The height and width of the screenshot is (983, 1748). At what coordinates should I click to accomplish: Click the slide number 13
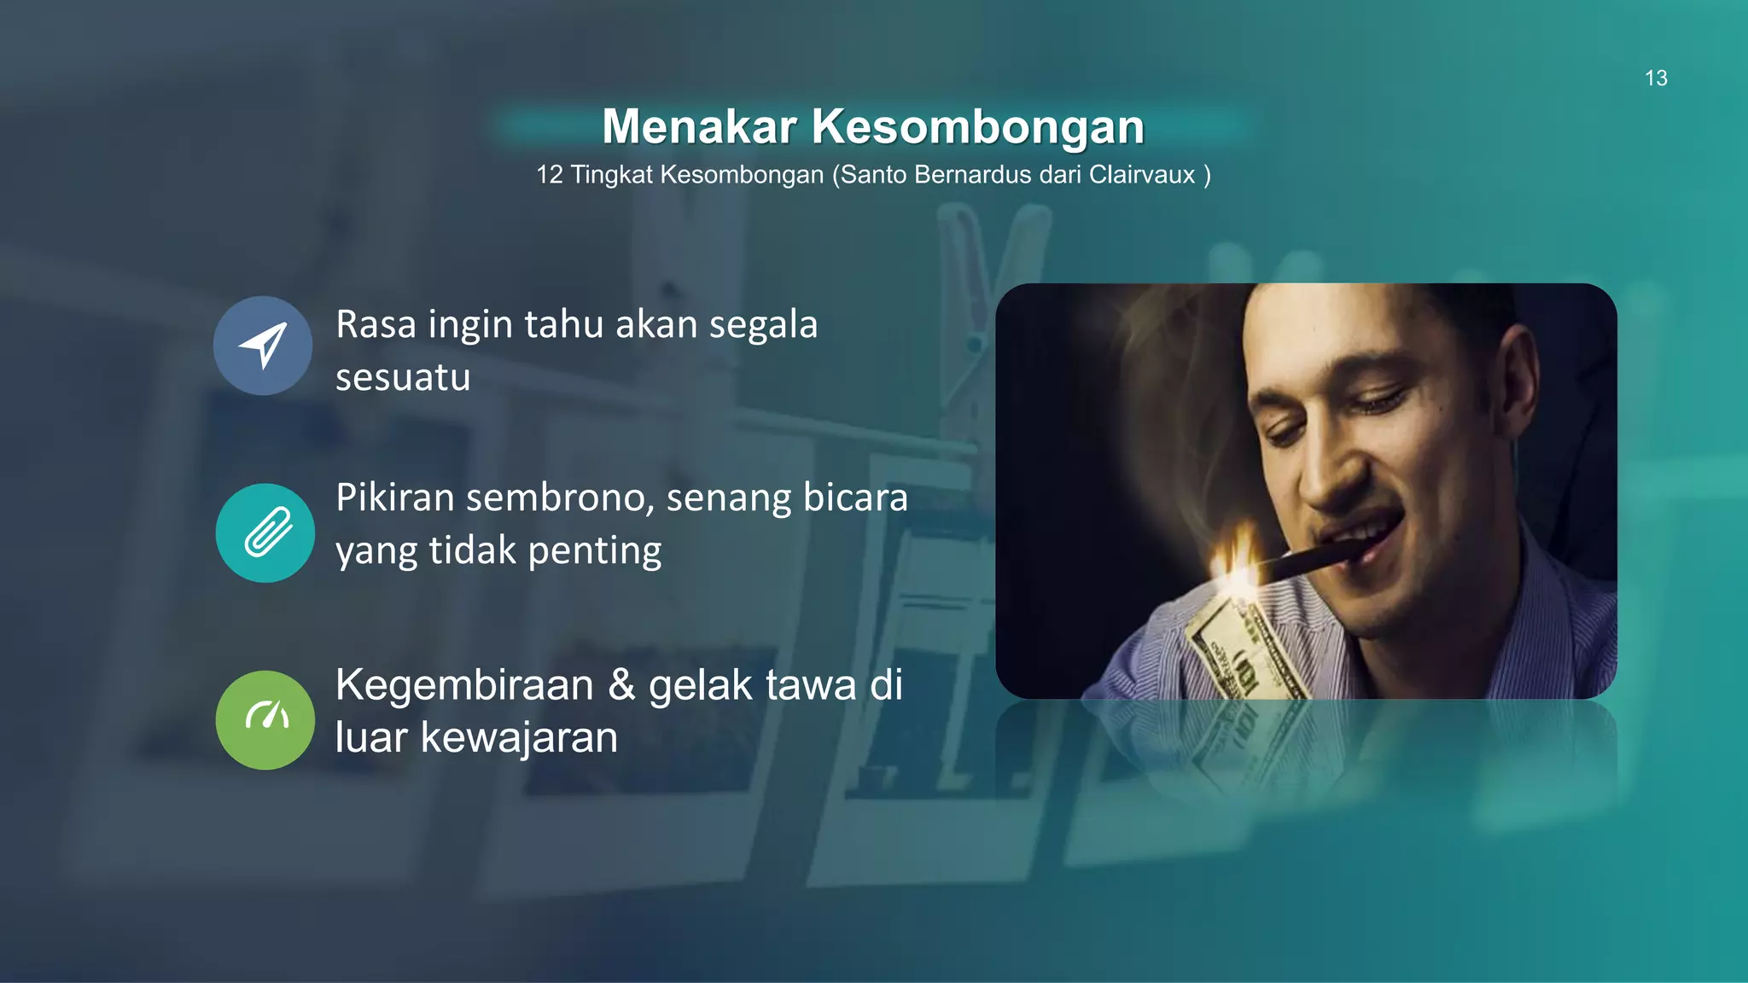(x=1656, y=79)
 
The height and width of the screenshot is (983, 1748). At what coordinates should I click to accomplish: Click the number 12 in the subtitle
(x=550, y=175)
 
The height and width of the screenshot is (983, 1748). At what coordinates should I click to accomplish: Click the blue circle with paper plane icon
(x=263, y=346)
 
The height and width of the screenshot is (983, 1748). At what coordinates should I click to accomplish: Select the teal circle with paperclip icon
(x=265, y=532)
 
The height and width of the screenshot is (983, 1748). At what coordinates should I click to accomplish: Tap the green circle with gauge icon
(x=265, y=719)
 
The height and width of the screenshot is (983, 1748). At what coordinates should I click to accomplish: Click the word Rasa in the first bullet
(x=376, y=324)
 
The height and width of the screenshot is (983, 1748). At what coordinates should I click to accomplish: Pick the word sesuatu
(x=403, y=377)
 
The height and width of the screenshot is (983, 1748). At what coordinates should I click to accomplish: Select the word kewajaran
(x=519, y=737)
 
